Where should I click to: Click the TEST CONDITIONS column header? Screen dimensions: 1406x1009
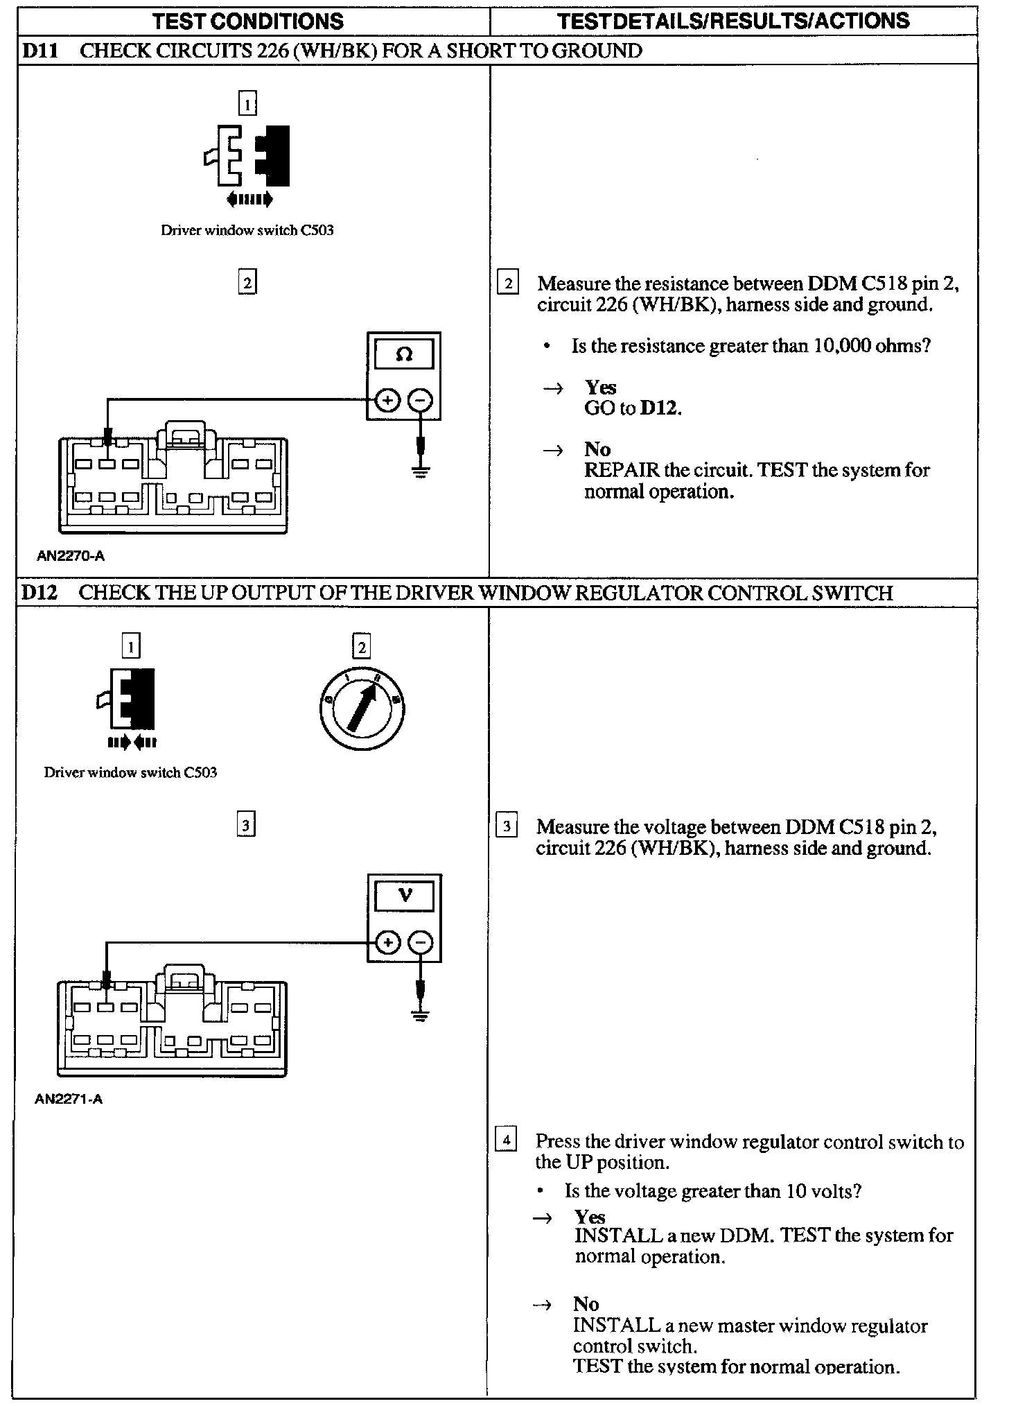point(247,21)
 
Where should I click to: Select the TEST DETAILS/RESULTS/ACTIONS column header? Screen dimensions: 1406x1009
point(732,21)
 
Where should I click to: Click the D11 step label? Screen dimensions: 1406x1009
point(40,51)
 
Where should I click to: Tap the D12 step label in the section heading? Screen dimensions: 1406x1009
point(40,593)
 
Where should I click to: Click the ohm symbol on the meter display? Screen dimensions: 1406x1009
point(404,354)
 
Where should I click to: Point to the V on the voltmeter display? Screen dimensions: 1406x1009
point(405,896)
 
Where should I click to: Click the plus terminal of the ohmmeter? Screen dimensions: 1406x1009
point(387,401)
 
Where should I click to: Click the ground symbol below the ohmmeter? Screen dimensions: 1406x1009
point(420,471)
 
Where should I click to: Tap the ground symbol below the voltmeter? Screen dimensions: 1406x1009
point(419,1014)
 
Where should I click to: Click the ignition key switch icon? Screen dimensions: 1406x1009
point(362,710)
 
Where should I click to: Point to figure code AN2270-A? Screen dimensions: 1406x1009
point(71,556)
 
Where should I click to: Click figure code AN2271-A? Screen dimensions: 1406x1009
point(69,1099)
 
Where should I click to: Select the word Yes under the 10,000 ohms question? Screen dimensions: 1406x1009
point(600,387)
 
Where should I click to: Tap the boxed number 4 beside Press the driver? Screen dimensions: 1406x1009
point(507,1140)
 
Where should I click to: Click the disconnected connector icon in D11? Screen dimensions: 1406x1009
point(247,158)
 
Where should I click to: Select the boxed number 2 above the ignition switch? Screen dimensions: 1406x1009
point(362,647)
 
